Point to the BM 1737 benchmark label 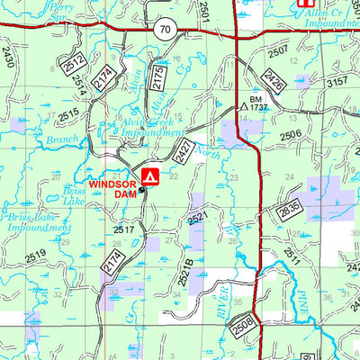tap(257, 102)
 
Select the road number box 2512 tap(73, 64)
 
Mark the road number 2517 tap(123, 231)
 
